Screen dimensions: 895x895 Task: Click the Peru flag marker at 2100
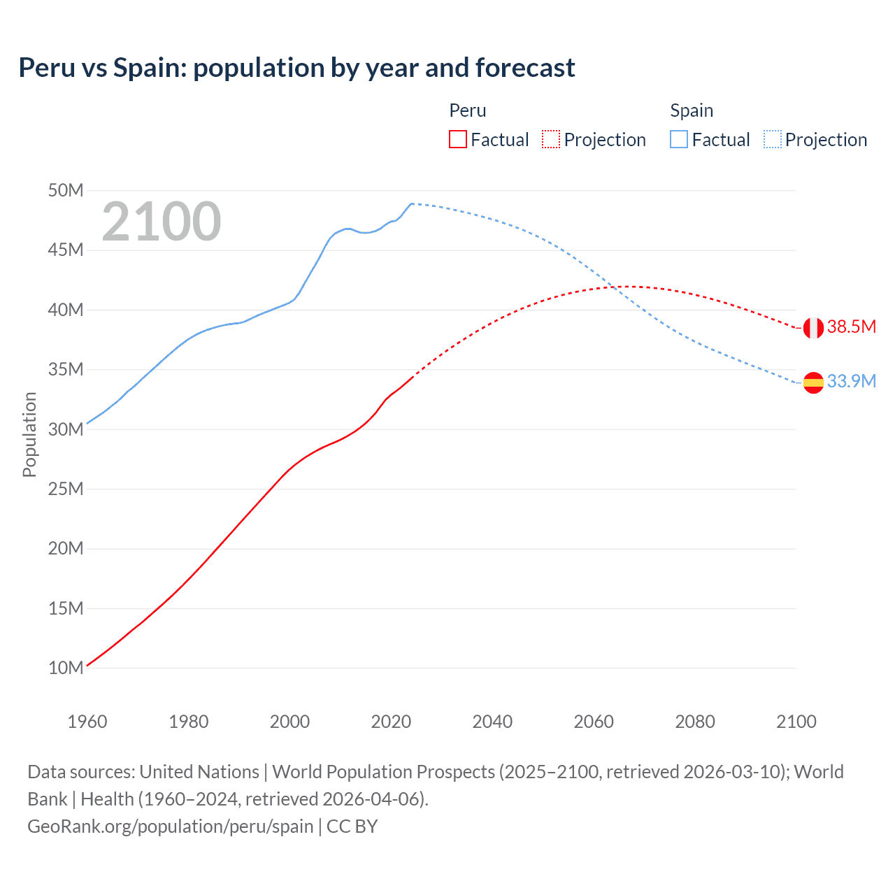tap(813, 327)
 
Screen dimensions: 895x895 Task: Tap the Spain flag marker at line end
tap(813, 382)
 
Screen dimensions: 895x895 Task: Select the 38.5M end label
tap(851, 327)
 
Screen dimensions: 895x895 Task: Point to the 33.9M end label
tap(851, 381)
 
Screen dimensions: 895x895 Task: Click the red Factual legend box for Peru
tap(457, 139)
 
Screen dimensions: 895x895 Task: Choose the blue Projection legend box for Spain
tap(772, 139)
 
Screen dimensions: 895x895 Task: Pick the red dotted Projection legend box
tap(550, 139)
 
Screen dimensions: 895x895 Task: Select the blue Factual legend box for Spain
tap(678, 139)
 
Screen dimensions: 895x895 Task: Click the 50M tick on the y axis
tap(66, 190)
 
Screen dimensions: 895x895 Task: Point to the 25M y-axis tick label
tap(66, 489)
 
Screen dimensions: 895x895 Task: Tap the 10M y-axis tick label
tap(66, 668)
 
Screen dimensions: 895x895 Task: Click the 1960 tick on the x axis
tap(87, 722)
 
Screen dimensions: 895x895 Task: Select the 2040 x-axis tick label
tap(492, 722)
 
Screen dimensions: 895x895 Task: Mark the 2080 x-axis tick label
tap(695, 722)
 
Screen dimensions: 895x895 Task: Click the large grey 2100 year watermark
tap(162, 222)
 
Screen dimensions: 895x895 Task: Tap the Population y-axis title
tap(29, 434)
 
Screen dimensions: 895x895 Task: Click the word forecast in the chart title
tap(525, 68)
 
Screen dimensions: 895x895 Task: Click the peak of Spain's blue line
tap(411, 203)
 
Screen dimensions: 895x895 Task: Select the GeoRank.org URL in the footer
tap(170, 826)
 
